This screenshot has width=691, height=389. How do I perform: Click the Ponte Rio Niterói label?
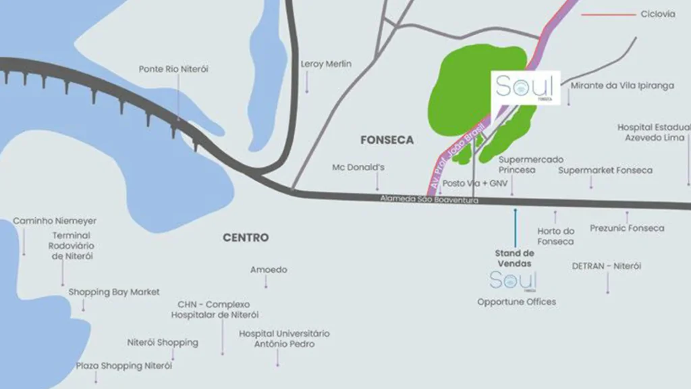[173, 69]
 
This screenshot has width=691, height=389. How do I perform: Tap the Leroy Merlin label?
[326, 64]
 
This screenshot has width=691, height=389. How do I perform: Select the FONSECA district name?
[387, 140]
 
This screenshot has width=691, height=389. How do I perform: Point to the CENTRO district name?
[246, 238]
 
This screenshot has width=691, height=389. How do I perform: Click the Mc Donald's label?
[358, 167]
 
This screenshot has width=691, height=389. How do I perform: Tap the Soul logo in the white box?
[525, 87]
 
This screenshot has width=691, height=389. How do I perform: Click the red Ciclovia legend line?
[608, 14]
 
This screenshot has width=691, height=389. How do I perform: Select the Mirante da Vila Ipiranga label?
[622, 86]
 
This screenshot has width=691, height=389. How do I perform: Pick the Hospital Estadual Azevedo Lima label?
[654, 132]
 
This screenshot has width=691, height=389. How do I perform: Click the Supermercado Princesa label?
[531, 165]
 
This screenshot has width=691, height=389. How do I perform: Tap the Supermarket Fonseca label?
[605, 170]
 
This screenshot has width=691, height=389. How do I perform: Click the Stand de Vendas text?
[514, 258]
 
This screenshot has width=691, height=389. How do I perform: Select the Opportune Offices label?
[517, 302]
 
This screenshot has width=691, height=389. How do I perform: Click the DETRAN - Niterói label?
[606, 266]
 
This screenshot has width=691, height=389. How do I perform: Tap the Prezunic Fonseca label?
[627, 228]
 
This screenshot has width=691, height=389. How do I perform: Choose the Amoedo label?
[269, 269]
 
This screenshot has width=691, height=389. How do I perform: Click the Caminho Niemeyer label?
[55, 221]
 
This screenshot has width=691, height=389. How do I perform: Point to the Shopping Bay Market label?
[114, 292]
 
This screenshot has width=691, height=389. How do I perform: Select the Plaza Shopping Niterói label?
[124, 366]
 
